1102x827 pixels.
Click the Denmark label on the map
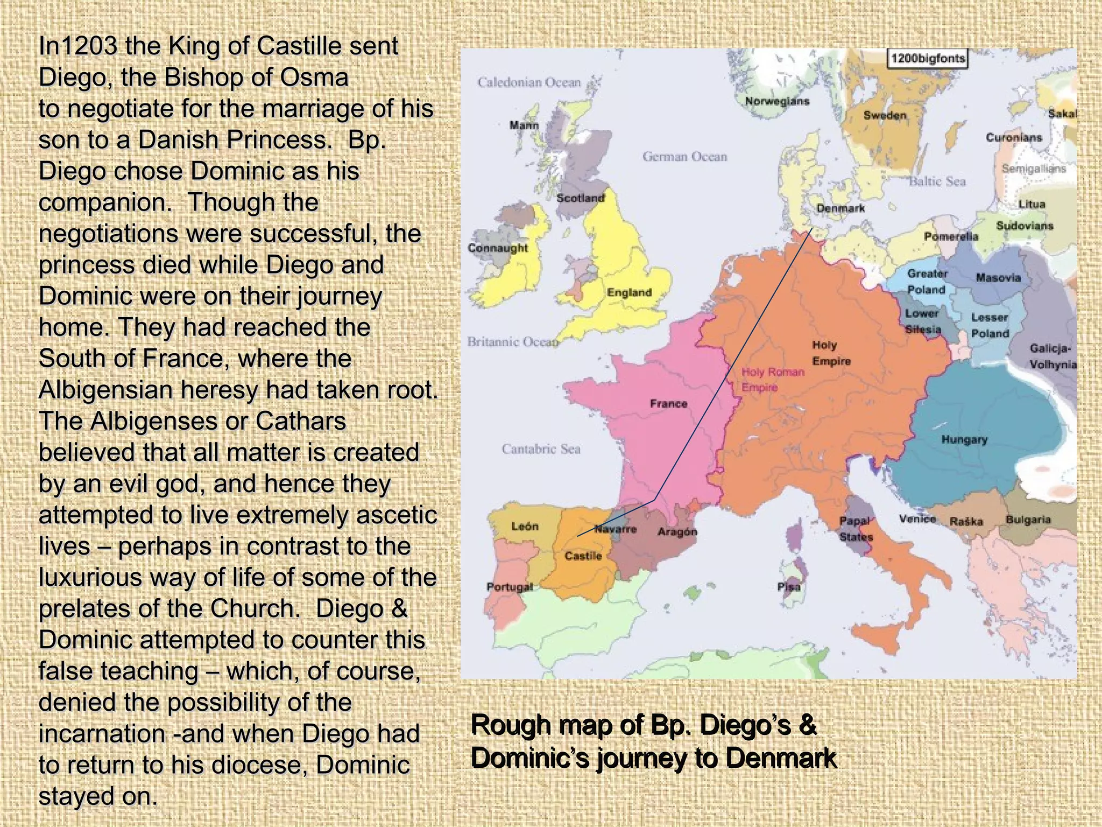click(840, 208)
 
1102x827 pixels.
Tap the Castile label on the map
click(583, 556)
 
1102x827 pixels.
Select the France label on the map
click(668, 403)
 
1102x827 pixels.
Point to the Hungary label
click(964, 439)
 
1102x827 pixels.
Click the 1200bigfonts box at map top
click(927, 58)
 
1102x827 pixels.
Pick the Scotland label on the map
click(580, 198)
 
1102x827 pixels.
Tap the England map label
click(629, 292)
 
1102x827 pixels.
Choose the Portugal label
click(510, 587)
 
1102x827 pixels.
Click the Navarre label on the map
click(616, 529)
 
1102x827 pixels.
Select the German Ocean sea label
click(684, 157)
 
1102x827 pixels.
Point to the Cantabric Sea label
click(541, 449)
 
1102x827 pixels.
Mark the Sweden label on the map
click(885, 115)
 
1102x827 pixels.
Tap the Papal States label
click(856, 529)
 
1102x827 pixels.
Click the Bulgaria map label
click(1028, 520)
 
